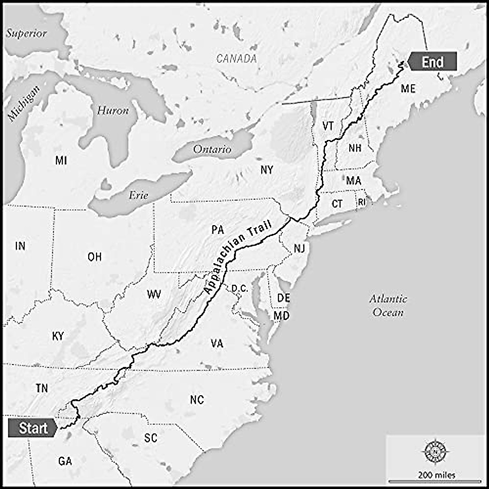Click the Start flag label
pyautogui.click(x=33, y=428)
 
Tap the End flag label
pyautogui.click(x=433, y=62)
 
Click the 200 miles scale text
pyautogui.click(x=436, y=475)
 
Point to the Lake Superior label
pyautogui.click(x=26, y=33)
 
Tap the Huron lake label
pyautogui.click(x=113, y=110)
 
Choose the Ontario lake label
pyautogui.click(x=212, y=149)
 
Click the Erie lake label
pyautogui.click(x=139, y=195)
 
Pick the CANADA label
pyautogui.click(x=237, y=59)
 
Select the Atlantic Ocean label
pyautogui.click(x=388, y=306)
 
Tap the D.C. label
pyautogui.click(x=240, y=289)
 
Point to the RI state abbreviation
pyautogui.click(x=362, y=202)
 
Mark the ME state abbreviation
pyautogui.click(x=408, y=88)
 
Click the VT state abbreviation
pyautogui.click(x=328, y=126)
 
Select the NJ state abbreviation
pyautogui.click(x=299, y=248)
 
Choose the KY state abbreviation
pyautogui.click(x=58, y=336)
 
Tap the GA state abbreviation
pyautogui.click(x=65, y=461)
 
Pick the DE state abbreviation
pyautogui.click(x=283, y=298)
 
